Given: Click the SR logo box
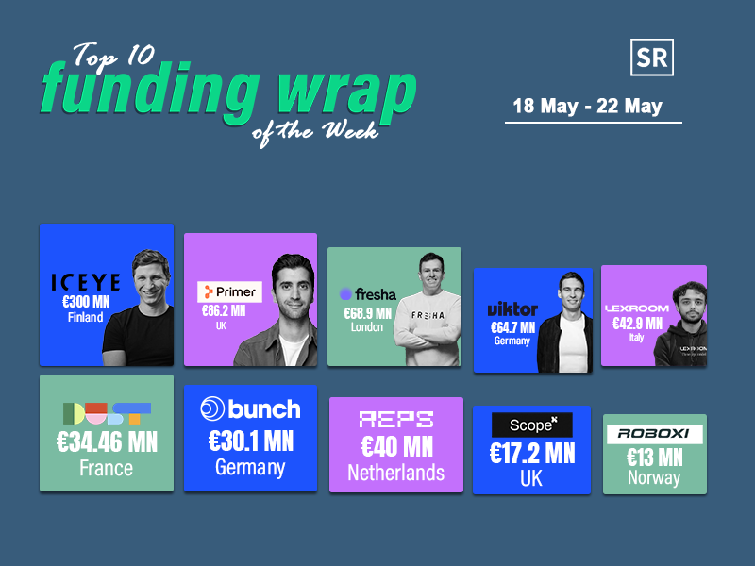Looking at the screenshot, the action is [x=652, y=58].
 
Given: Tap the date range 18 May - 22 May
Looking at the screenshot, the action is [x=587, y=106].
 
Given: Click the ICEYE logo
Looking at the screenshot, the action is [x=86, y=282].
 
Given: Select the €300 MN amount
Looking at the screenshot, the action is [x=86, y=302].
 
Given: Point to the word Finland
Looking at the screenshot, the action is [x=85, y=317].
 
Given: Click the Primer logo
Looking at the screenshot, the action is [x=229, y=291].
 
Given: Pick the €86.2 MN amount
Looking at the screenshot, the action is [x=224, y=311].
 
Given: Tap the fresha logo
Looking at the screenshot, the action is [x=368, y=293].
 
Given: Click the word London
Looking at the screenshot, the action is [x=367, y=327].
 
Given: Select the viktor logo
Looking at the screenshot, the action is [x=512, y=309].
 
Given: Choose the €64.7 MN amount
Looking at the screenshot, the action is [x=512, y=327].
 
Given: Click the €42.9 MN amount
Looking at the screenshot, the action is [x=638, y=324].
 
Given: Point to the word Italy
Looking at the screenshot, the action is [x=636, y=338].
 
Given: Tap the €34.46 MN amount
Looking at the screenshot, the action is [x=107, y=441].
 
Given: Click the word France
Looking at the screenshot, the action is [x=106, y=468].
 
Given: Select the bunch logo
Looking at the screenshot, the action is [x=250, y=408].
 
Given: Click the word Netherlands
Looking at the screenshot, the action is [x=395, y=473].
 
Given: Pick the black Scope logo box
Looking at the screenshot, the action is [x=532, y=425].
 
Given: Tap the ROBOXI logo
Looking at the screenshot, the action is [x=654, y=434].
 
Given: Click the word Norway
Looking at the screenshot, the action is [x=654, y=477].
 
